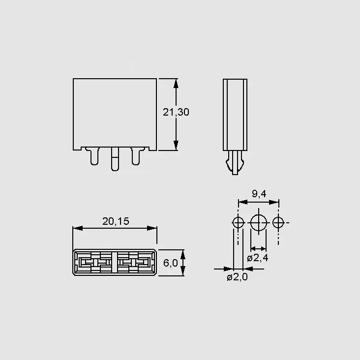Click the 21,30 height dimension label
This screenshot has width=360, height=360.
click(x=176, y=112)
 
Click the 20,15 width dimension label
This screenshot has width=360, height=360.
click(x=116, y=221)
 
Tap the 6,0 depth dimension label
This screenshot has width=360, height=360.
click(x=170, y=263)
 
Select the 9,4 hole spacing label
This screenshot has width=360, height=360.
click(x=259, y=194)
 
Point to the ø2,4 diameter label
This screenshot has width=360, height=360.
click(x=258, y=258)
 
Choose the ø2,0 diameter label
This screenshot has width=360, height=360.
click(x=237, y=277)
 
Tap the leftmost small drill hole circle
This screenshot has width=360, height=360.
click(x=238, y=217)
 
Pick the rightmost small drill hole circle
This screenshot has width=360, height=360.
click(x=278, y=217)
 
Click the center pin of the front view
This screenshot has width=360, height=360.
click(x=115, y=159)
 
